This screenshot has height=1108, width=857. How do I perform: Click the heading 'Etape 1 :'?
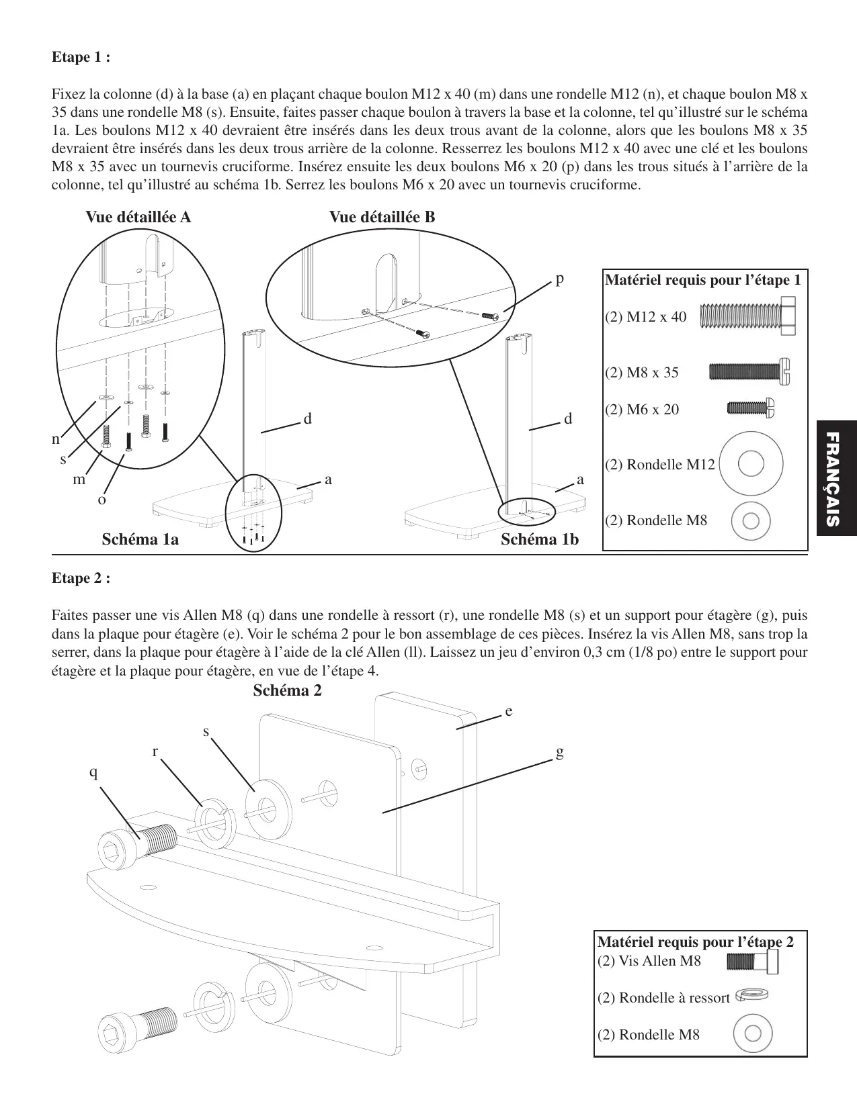[x=81, y=57]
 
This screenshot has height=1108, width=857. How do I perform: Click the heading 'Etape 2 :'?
[x=81, y=578]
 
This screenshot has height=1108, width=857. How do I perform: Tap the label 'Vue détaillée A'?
[x=138, y=217]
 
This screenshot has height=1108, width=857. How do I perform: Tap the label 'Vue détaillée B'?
[x=382, y=217]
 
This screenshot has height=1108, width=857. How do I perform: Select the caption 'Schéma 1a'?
[x=140, y=539]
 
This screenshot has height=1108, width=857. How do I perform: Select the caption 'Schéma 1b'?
[x=540, y=539]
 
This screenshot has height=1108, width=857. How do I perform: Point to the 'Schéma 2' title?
[x=287, y=690]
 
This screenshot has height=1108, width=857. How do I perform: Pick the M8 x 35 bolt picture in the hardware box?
[x=749, y=372]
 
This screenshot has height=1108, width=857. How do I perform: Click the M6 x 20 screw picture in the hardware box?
[x=751, y=408]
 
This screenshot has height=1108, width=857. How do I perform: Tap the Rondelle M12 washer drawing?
[x=750, y=464]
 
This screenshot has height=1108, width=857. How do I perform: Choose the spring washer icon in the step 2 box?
[x=752, y=995]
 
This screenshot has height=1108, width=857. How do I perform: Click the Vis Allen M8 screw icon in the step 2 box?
[x=753, y=963]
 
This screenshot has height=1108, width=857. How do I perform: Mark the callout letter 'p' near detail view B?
[x=559, y=279]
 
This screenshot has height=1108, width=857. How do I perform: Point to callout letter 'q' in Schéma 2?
[x=93, y=773]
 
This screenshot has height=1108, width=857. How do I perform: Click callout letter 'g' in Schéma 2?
[x=559, y=752]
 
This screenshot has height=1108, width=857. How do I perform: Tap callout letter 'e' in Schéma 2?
[x=509, y=710]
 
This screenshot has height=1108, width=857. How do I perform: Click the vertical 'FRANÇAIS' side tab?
[x=835, y=478]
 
